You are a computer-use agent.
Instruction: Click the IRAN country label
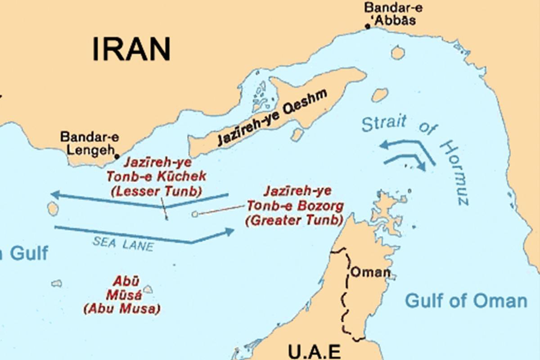point(131,49)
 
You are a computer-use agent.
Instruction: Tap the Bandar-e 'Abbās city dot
point(368,27)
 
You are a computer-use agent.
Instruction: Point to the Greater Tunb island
point(195,215)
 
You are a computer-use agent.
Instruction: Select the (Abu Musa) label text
point(122,309)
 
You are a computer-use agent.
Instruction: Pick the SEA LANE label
point(123,244)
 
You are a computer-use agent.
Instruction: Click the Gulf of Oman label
point(466,301)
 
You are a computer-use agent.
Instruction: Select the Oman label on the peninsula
point(370,272)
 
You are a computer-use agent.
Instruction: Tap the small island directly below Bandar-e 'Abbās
point(397,53)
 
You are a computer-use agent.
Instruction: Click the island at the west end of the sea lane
point(53,209)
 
